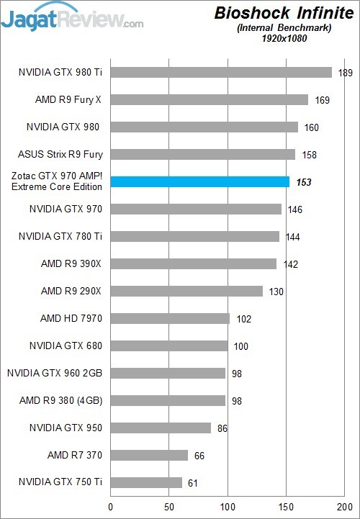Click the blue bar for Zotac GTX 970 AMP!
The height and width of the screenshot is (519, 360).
[x=199, y=182]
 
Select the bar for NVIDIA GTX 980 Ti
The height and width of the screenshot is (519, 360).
[x=221, y=72]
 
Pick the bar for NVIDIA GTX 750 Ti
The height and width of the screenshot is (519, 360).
[x=146, y=482]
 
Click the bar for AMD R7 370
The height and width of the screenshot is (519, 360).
[x=149, y=455]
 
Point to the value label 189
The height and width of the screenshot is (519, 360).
[x=345, y=73]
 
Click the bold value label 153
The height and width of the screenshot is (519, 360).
[x=303, y=183]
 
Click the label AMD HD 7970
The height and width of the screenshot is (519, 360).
[x=71, y=318]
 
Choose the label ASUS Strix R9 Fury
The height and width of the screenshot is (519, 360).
[x=60, y=154]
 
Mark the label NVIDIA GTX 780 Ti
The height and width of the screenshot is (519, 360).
[x=65, y=236]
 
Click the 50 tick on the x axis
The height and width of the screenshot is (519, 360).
[x=168, y=507]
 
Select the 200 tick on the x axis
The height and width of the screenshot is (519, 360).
[x=346, y=507]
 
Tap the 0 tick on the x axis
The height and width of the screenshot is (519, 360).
[x=110, y=507]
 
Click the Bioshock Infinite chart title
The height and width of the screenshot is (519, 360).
[x=284, y=12]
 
